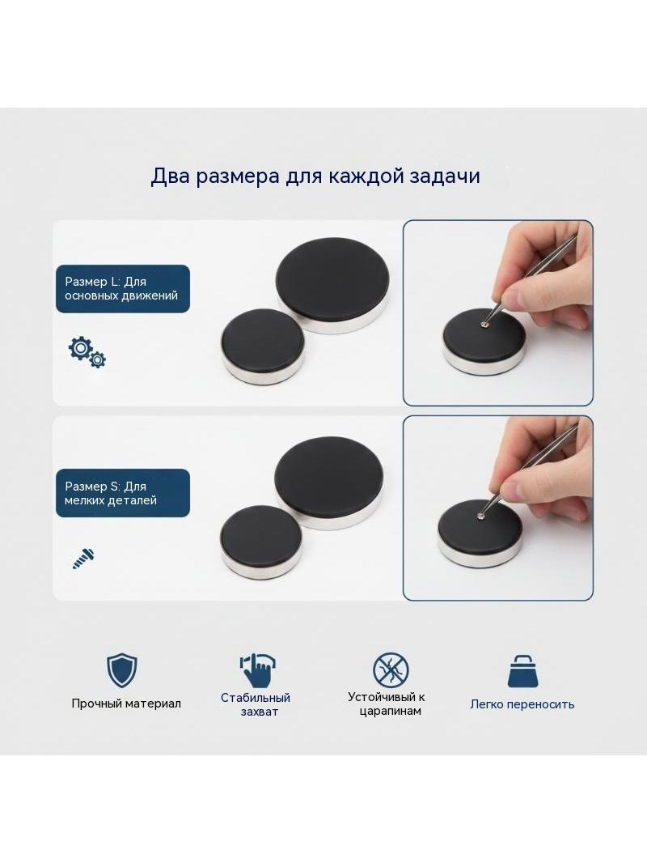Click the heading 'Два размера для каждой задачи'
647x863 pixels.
click(315, 176)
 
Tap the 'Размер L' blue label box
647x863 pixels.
click(123, 289)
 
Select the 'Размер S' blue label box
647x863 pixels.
click(123, 493)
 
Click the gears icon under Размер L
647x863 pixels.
click(87, 351)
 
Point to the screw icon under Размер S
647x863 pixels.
click(83, 558)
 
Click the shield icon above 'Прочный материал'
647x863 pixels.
click(121, 670)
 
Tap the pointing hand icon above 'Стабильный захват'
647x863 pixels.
click(257, 670)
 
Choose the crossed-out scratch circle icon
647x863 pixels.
click(391, 670)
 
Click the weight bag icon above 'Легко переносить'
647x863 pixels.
click(522, 671)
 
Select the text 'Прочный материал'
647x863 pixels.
click(126, 704)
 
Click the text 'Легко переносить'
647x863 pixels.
click(522, 704)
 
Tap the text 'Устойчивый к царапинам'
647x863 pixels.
click(387, 704)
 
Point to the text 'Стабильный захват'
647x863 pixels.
click(256, 704)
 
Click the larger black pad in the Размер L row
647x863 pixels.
click(333, 283)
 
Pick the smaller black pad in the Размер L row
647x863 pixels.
click(263, 345)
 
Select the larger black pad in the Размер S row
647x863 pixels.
click(329, 483)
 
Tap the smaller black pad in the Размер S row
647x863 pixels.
click(262, 542)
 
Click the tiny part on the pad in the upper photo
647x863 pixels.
click(484, 325)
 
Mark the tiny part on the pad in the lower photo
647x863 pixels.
click(481, 517)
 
